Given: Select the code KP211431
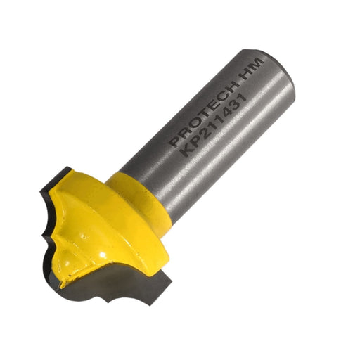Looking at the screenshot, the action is [214, 125].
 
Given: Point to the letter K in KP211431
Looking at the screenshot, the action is [188, 151].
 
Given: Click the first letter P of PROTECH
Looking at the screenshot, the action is [176, 141].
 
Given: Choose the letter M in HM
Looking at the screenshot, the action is [258, 63].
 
